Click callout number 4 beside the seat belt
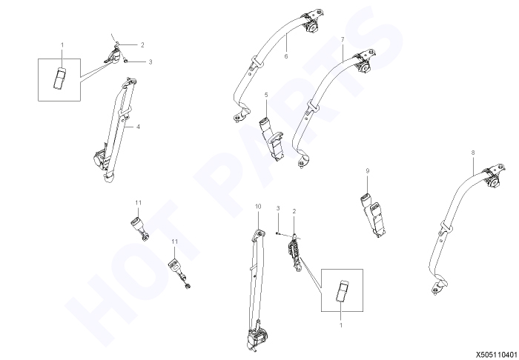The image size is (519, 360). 139,127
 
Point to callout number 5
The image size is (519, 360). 266,95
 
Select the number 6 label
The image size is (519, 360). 286,56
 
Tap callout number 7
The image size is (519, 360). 343,40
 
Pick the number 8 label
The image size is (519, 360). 473,153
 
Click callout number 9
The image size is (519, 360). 368,171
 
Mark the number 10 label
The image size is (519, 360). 258,207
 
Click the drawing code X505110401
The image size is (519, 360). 497,355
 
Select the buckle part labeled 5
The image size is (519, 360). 271,137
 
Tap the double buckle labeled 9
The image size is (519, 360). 374,215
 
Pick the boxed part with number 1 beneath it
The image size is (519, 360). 342,291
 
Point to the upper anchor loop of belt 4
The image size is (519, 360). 130,81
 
